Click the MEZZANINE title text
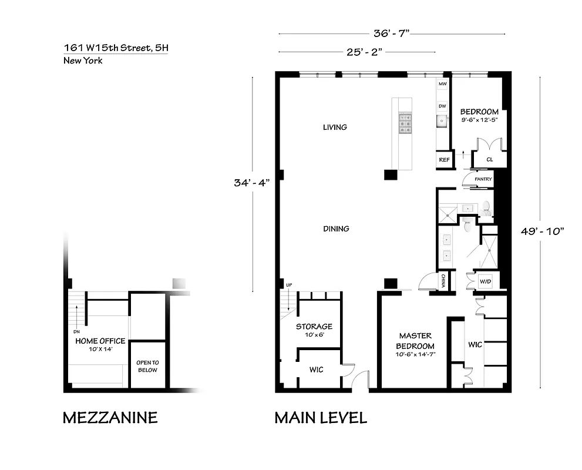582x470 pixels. pos(110,418)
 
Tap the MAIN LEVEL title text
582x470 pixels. pos(321,418)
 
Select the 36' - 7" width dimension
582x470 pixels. pos(391,33)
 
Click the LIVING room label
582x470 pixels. pos(335,127)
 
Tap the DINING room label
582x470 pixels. pos(336,229)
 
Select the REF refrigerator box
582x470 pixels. pos(443,159)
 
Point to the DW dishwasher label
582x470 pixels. pos(442,106)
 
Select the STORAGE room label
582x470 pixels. pos(314,327)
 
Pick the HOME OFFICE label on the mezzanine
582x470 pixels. pos(100,341)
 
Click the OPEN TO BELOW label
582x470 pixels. pos(147,366)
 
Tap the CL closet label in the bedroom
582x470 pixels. pos(489,159)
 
